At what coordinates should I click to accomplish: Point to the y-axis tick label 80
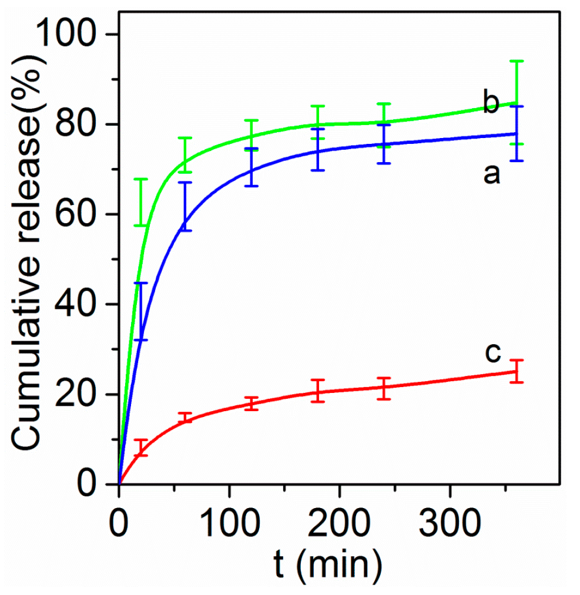79,125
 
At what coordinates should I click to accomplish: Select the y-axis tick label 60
79,214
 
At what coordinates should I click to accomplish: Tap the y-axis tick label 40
79,304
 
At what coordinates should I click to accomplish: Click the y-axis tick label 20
79,395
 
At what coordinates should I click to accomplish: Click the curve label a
491,174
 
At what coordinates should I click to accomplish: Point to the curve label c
492,352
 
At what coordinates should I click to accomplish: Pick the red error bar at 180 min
318,391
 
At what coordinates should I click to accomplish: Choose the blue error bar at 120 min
252,167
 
